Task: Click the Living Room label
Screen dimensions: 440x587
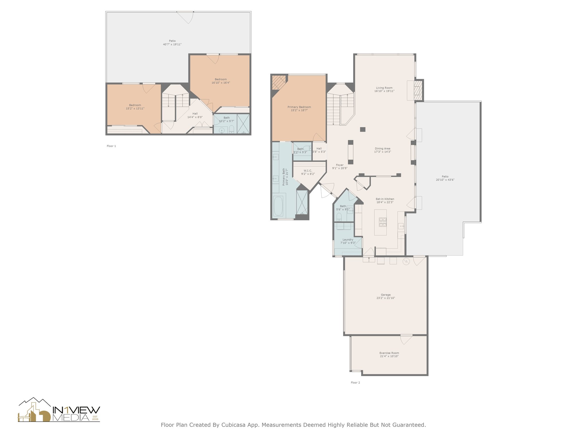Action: coord(384,88)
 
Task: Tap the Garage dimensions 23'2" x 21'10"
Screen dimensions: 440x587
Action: coord(386,298)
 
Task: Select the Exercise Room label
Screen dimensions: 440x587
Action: coord(389,353)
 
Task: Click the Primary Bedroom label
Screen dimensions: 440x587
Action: coord(299,107)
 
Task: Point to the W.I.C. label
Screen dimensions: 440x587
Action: coord(308,170)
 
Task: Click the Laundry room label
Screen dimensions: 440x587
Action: coord(348,239)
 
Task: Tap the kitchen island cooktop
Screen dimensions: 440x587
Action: coord(383,222)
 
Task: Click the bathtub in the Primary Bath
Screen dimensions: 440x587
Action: coord(278,206)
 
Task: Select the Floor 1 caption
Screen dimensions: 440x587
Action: coord(111,146)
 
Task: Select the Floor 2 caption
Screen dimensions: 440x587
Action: coord(355,382)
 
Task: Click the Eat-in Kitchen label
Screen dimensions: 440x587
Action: coord(385,199)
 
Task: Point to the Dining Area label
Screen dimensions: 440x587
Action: coord(382,149)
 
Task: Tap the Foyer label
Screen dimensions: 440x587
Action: coord(340,165)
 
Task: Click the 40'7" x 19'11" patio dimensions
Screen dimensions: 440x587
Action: coord(172,44)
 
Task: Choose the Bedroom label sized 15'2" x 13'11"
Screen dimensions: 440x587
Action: coord(135,105)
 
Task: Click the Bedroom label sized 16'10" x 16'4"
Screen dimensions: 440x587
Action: coord(221,79)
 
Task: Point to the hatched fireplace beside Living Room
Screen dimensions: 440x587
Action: coord(418,90)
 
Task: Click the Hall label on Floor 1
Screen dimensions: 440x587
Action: coord(195,114)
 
